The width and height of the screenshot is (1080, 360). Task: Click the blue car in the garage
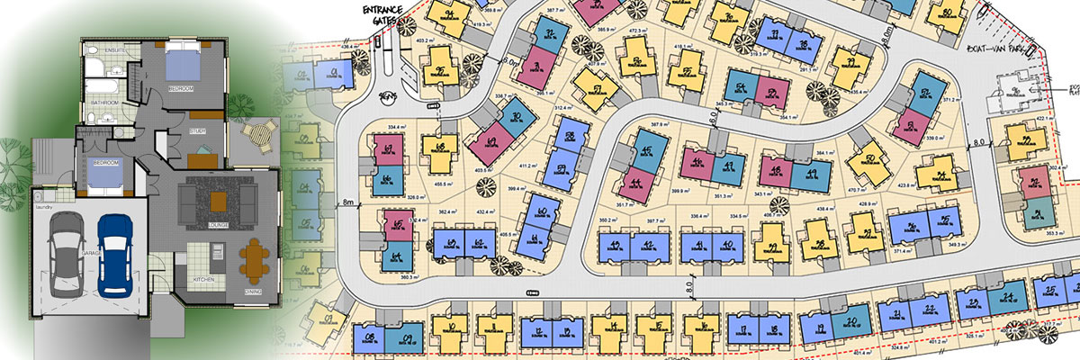coord(114,253)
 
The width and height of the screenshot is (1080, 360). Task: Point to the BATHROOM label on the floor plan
coord(105,103)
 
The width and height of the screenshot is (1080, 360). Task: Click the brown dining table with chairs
coord(254,262)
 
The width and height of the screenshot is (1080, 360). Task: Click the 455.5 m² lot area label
coord(442,183)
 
